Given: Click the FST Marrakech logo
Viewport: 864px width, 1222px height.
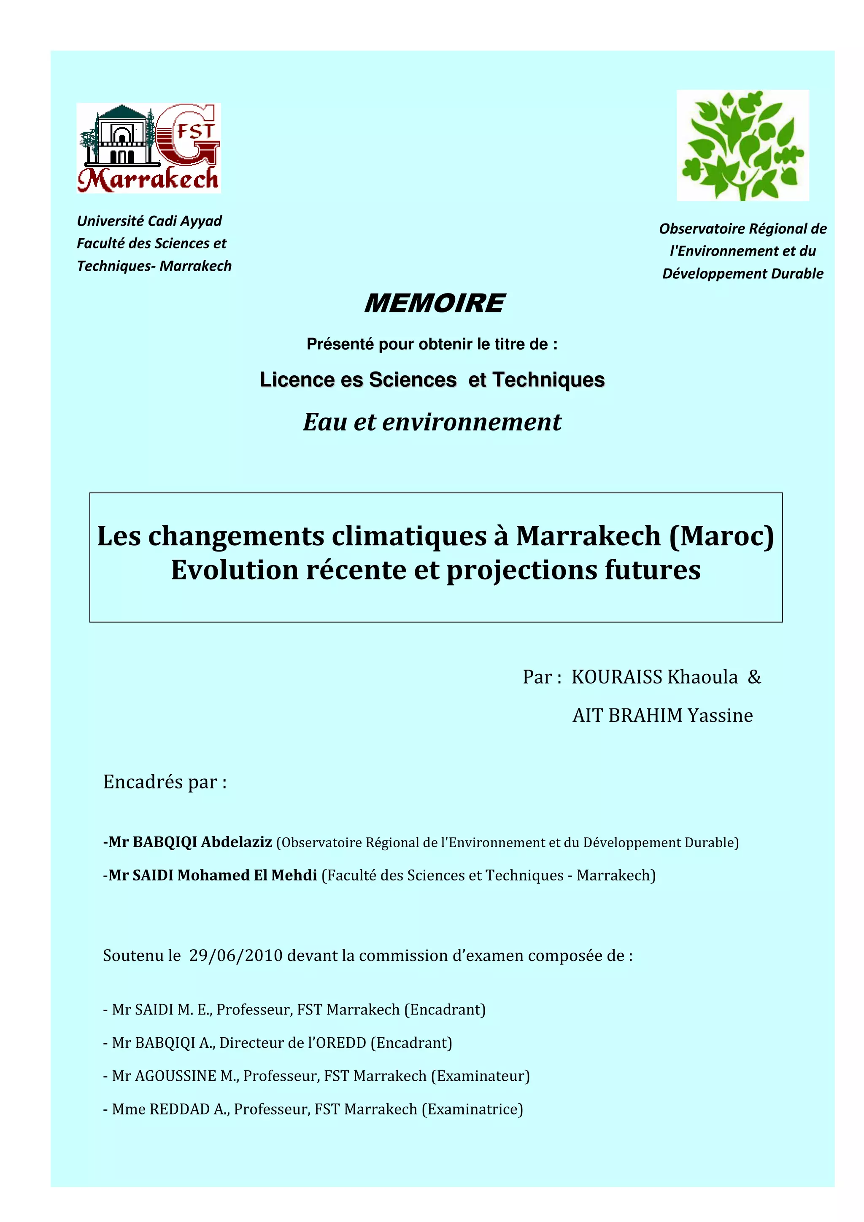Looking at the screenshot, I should pos(148,148).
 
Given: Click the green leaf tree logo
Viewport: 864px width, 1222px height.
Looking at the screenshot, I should pos(742,145).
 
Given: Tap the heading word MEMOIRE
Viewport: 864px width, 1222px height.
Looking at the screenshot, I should pos(434,303).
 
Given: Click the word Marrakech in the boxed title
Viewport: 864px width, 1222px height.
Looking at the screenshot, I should pos(588,536).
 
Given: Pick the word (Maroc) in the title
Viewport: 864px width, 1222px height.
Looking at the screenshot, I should pos(721,536).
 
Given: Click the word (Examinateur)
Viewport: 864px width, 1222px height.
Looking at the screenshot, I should pos(480,1076).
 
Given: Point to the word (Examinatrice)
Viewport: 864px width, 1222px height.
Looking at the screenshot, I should pos(472,1109).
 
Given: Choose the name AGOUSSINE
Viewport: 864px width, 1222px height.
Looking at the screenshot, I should pos(175,1076).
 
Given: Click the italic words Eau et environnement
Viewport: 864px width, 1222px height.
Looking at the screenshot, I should pos(432,422).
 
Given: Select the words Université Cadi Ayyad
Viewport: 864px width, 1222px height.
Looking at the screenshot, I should pos(149,221).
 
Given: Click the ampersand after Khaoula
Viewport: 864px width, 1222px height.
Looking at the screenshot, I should pos(754,677).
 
